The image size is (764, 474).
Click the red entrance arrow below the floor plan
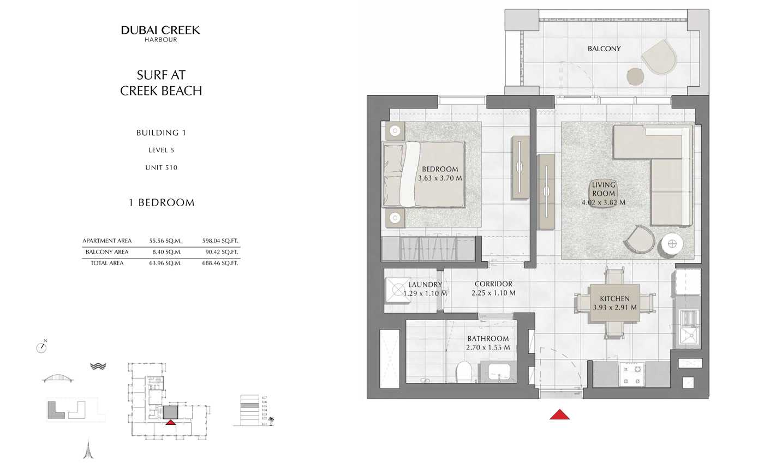pyautogui.click(x=559, y=415)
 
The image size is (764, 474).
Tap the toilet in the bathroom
pyautogui.click(x=463, y=372)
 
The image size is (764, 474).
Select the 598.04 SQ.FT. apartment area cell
pyautogui.click(x=220, y=241)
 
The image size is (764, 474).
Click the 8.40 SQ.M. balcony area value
pyautogui.click(x=165, y=252)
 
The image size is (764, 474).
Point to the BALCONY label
pyautogui.click(x=604, y=49)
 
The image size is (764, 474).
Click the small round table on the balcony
pyautogui.click(x=635, y=76)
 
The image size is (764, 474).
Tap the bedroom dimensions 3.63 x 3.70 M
pyautogui.click(x=440, y=178)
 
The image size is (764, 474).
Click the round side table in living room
pyautogui.click(x=672, y=244)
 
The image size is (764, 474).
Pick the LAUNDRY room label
pyautogui.click(x=425, y=285)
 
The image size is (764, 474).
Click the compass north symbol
pyautogui.click(x=41, y=346)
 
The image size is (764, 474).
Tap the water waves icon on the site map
pyautogui.click(x=98, y=366)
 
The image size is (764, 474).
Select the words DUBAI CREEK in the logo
pyautogui.click(x=160, y=30)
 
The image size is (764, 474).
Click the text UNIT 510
pyautogui.click(x=161, y=167)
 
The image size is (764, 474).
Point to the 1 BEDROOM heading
pyautogui.click(x=162, y=202)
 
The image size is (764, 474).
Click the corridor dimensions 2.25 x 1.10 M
pyautogui.click(x=493, y=293)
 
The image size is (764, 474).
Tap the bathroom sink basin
pyautogui.click(x=499, y=373)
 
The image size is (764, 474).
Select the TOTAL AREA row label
pyautogui.click(x=107, y=263)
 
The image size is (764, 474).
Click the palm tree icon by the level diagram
pyautogui.click(x=271, y=421)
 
